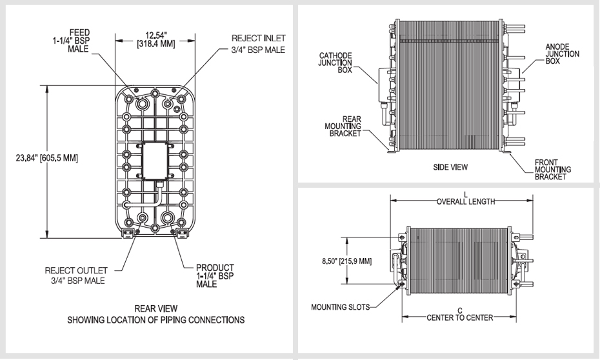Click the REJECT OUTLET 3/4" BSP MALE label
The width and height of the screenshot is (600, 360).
(x=77, y=275)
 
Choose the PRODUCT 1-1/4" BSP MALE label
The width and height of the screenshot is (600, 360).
(x=214, y=275)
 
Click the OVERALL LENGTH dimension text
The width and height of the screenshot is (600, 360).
(x=465, y=201)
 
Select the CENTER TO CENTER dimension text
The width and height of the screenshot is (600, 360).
(x=459, y=318)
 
